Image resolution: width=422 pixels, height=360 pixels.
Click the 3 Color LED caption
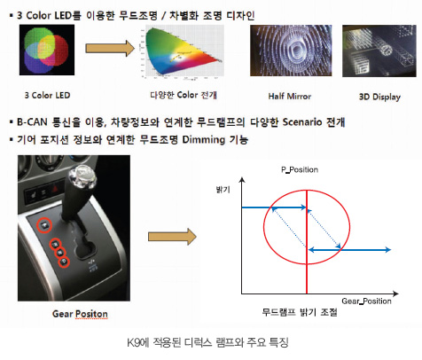(x=47, y=96)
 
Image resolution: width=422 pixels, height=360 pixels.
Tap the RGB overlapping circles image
(x=47, y=50)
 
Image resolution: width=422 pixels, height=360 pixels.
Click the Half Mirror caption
(x=290, y=97)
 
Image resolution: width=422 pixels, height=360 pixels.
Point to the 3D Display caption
(x=379, y=97)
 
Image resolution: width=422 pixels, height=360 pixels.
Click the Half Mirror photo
(x=291, y=51)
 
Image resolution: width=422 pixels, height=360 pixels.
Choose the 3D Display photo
(x=379, y=51)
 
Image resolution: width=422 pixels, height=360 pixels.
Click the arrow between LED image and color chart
(x=110, y=48)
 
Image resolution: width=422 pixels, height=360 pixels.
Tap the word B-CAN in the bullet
(x=32, y=121)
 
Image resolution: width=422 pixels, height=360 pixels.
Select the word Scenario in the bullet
(x=302, y=121)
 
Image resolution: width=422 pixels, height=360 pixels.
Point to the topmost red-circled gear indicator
(x=44, y=225)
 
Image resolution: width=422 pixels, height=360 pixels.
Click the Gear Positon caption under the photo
(x=80, y=314)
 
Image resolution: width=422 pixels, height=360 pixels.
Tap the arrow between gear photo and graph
(x=172, y=237)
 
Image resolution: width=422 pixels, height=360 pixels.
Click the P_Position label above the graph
(x=300, y=169)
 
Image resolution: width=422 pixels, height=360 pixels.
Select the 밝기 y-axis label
(x=223, y=190)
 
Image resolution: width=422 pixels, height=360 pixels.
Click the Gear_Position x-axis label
(x=366, y=301)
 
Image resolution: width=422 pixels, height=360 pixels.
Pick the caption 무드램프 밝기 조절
(x=300, y=312)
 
